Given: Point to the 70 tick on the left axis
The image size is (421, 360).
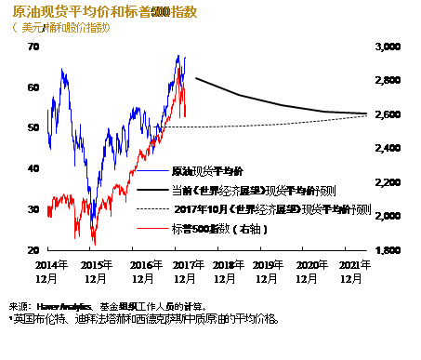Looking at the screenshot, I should click(33, 46).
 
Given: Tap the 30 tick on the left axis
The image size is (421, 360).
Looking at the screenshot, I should click(33, 209).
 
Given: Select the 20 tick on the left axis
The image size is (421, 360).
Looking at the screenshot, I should click(33, 250).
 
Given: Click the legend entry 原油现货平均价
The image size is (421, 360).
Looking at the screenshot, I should click(207, 171).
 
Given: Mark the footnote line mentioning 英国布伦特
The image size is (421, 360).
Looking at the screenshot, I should click(139, 319).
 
